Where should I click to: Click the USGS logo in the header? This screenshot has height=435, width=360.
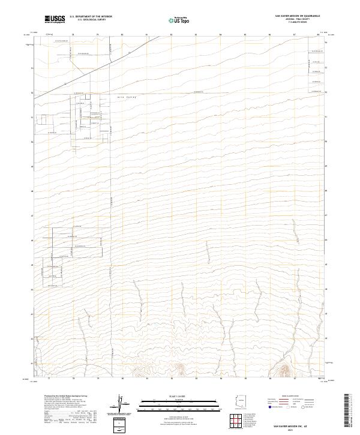(x=55, y=19)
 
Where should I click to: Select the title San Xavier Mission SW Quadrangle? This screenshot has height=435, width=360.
(x=297, y=16)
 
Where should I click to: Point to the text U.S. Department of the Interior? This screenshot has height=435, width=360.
(x=91, y=17)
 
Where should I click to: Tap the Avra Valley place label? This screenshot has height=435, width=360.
(x=122, y=95)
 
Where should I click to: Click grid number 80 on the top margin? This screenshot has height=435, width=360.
(x=122, y=35)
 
